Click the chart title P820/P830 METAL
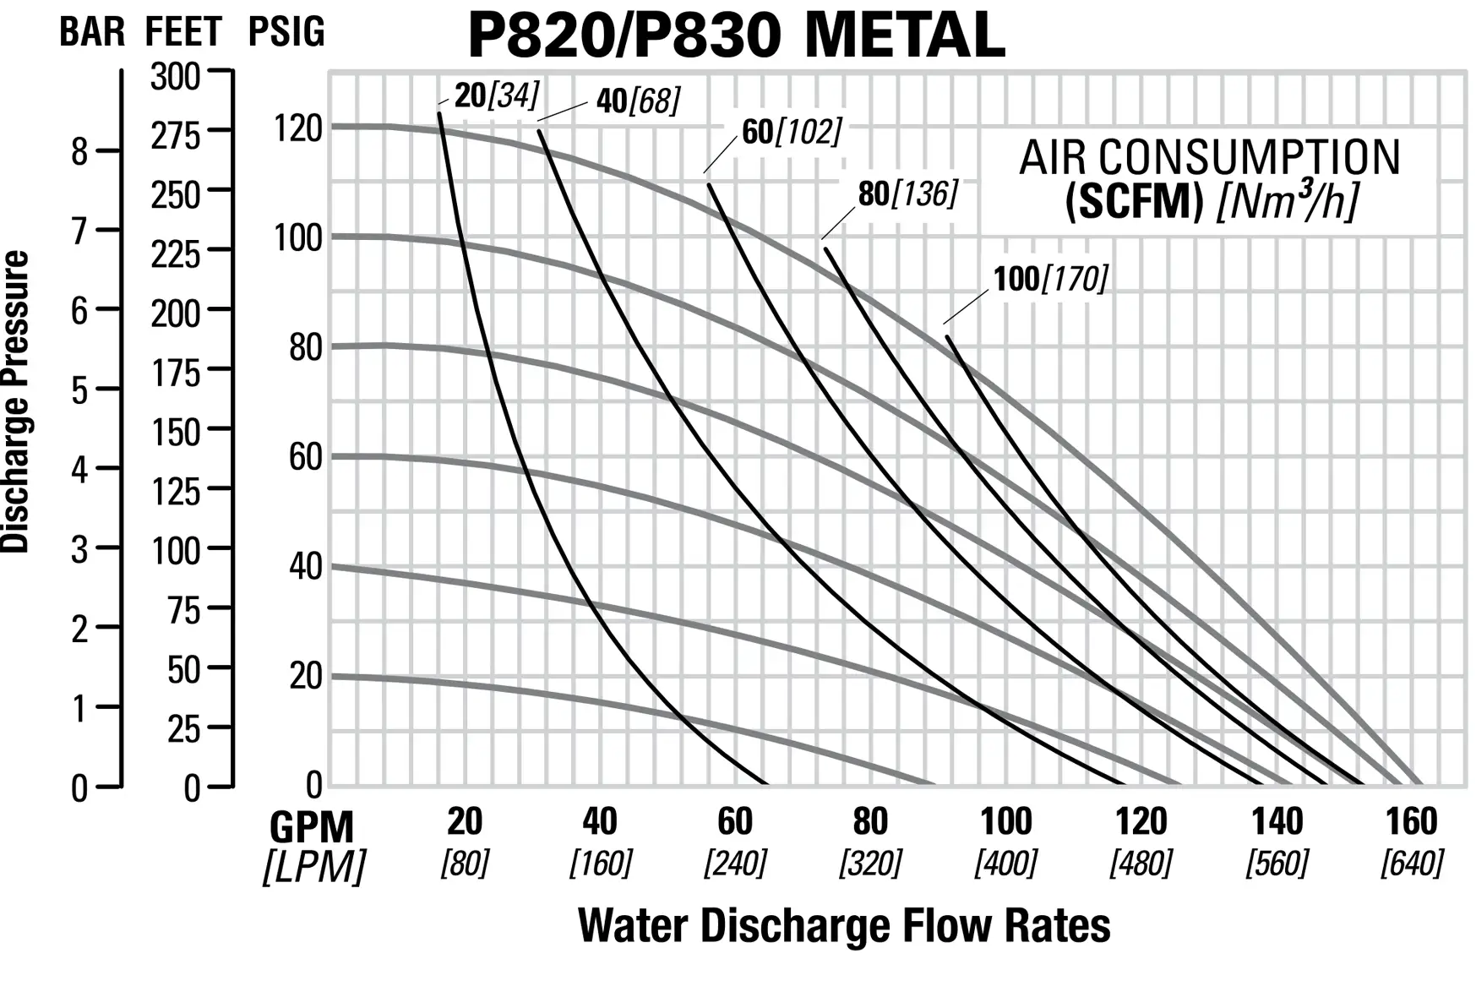click(736, 35)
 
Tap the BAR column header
click(92, 32)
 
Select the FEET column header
click(183, 32)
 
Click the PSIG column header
click(286, 32)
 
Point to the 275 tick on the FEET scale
click(176, 135)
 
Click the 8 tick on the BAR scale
click(79, 152)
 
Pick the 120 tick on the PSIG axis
click(298, 128)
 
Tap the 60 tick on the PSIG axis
click(305, 457)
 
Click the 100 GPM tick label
click(1005, 821)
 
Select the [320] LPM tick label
click(870, 864)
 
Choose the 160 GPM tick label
click(1411, 821)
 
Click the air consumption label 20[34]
click(496, 95)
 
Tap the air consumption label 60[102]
click(792, 132)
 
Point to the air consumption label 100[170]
click(1049, 279)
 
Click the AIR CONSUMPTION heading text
click(1210, 158)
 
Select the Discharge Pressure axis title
click(16, 401)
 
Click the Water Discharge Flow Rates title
click(843, 925)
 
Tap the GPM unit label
click(312, 826)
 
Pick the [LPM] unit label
click(314, 867)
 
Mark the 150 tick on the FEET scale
click(176, 433)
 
